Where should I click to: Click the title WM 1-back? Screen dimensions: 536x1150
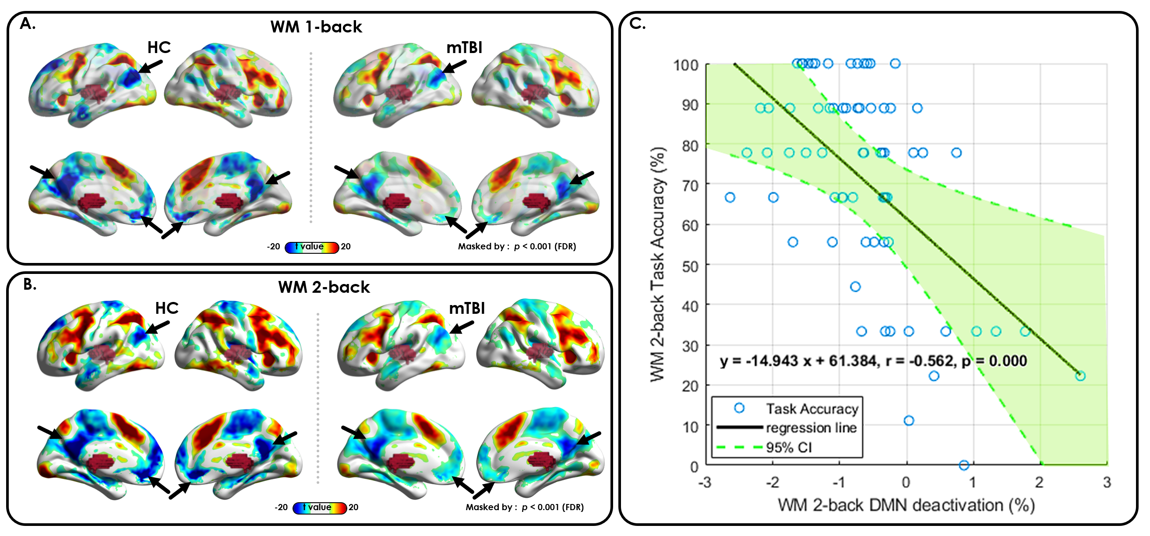[x=316, y=27]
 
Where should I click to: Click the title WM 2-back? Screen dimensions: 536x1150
[x=324, y=287]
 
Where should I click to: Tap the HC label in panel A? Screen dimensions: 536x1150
[x=159, y=47]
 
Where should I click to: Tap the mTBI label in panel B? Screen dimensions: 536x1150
[x=466, y=308]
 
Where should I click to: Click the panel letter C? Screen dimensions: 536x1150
[x=637, y=24]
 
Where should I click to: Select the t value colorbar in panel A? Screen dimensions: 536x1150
[x=312, y=247]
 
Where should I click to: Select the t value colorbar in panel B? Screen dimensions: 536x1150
[x=319, y=508]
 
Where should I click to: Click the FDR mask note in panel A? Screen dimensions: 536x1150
[x=517, y=247]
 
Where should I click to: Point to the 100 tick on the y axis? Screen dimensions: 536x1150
[x=686, y=65]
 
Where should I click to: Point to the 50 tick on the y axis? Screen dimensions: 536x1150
[x=690, y=266]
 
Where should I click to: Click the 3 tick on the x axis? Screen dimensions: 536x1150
[x=1107, y=483]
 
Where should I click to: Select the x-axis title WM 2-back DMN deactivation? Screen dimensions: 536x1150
[x=906, y=506]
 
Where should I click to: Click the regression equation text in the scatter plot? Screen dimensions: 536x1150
[x=873, y=361]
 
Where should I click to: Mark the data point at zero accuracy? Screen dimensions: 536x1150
[x=964, y=465]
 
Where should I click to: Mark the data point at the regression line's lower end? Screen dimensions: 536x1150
[x=1080, y=376]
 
